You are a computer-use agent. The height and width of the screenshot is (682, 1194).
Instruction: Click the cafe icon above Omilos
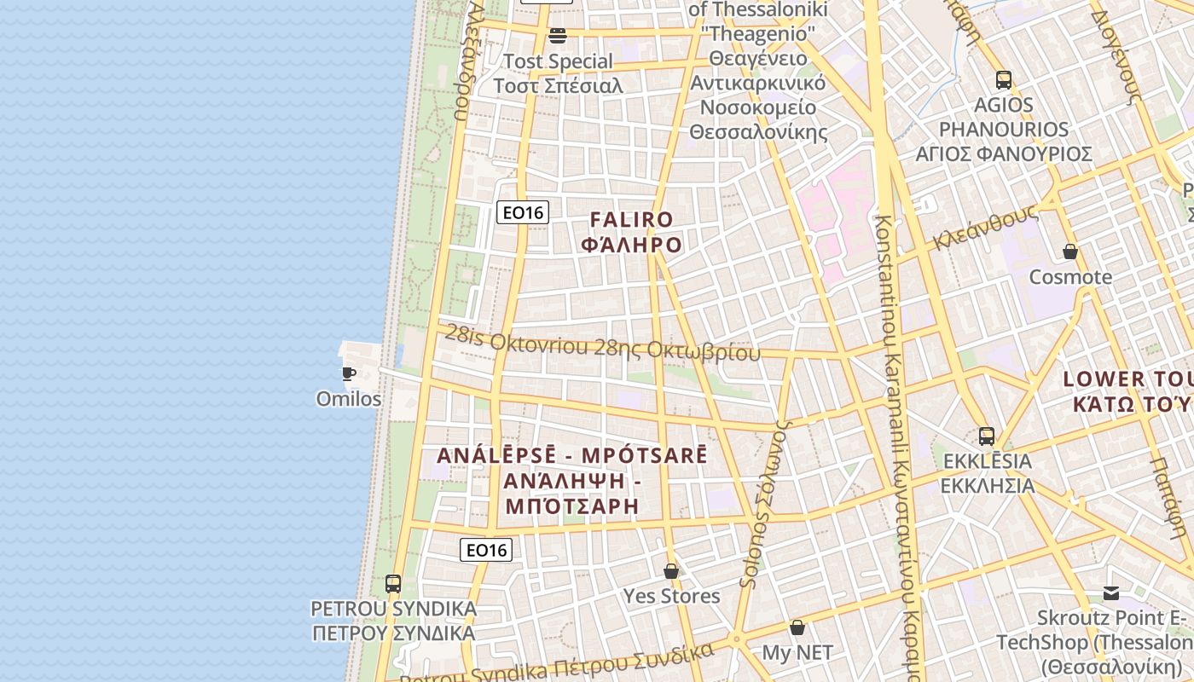coord(348,373)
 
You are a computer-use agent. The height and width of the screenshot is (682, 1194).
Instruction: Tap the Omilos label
coord(349,399)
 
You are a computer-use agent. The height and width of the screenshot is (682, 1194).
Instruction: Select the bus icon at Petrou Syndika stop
coord(392,584)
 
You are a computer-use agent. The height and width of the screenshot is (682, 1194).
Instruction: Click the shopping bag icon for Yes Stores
coord(671,570)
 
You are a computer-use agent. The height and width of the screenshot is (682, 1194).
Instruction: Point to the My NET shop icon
coord(797,627)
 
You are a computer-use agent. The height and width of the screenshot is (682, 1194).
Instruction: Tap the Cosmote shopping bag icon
coord(1069,251)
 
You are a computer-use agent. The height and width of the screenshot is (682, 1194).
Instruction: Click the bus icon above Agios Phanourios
coord(1003,80)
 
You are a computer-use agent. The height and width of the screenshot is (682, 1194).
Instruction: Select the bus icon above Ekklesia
coord(986,436)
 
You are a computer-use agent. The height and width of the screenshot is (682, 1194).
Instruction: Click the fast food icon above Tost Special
coord(558,35)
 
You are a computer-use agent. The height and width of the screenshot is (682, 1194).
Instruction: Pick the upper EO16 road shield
coord(522,212)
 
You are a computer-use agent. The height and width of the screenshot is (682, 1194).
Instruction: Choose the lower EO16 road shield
coord(485,550)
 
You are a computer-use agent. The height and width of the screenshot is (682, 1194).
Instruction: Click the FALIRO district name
coord(631,220)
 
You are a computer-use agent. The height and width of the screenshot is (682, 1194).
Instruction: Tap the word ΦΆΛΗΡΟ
coord(631,246)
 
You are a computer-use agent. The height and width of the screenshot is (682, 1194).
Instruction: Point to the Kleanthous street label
coord(984,227)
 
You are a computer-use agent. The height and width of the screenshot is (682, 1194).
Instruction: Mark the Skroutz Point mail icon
coord(1110,592)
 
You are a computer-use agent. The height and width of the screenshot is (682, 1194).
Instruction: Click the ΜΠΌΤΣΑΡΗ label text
coord(572,506)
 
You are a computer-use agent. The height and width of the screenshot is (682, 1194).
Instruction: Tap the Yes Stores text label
coord(671,596)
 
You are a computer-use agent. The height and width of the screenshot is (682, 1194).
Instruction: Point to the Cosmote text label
coord(1070,277)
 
